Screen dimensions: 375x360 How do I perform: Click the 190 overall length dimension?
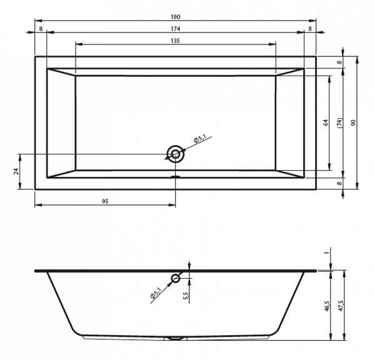coord(175,17)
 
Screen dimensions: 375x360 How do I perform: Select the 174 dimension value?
coord(175,29)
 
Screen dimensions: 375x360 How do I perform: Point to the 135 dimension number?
coord(175,41)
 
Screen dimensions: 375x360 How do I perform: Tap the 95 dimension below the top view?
coord(105,201)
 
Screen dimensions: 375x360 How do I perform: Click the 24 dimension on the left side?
coord(16,171)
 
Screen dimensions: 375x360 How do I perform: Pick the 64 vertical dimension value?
coord(326,122)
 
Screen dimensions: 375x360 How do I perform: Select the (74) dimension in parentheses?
coord(341,122)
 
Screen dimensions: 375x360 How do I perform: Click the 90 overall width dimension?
coord(354,122)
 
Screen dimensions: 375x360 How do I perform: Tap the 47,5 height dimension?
coord(341,306)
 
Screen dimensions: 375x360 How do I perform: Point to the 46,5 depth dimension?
coord(327,306)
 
